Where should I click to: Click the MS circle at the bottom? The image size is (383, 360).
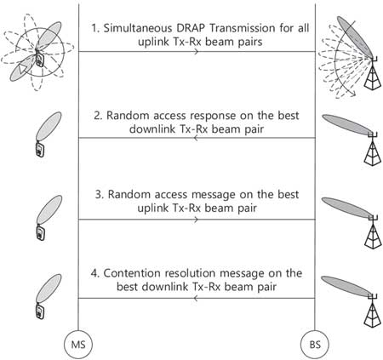coord(78,345)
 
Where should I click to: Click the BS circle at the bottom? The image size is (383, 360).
coord(315,345)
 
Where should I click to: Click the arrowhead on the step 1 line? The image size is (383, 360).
coord(196,52)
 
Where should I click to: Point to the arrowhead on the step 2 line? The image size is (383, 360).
coord(196,138)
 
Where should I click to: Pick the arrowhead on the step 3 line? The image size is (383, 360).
coord(196,220)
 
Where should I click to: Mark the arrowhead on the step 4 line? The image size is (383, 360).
coord(196,298)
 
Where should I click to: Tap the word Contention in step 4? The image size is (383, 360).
coord(133,273)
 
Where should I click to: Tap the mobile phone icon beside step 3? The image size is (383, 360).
coord(41,232)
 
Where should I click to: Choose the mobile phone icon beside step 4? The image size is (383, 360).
coord(40,311)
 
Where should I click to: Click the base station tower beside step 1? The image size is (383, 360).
coord(373,73)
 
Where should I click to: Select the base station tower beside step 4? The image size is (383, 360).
coord(373,311)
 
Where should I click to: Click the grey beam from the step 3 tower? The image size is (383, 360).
coord(346,208)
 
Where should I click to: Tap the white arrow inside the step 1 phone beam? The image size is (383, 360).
coord(23,69)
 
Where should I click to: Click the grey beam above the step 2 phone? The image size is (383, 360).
coord(49,126)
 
